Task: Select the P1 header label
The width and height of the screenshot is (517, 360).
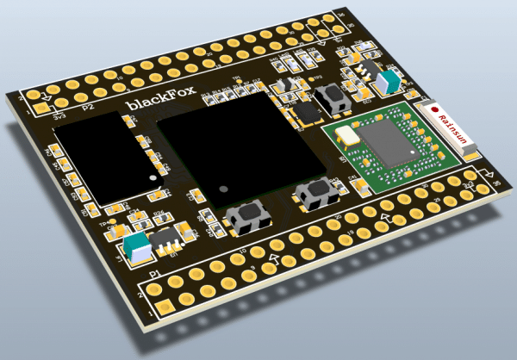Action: [x=155, y=274]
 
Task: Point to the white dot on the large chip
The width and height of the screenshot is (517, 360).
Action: [x=223, y=187]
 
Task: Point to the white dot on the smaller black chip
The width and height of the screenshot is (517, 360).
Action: [x=153, y=177]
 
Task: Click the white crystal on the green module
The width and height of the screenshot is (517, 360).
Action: [x=348, y=134]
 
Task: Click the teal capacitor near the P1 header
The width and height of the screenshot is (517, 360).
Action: [x=134, y=248]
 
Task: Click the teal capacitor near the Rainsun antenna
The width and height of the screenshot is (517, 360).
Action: [x=388, y=81]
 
